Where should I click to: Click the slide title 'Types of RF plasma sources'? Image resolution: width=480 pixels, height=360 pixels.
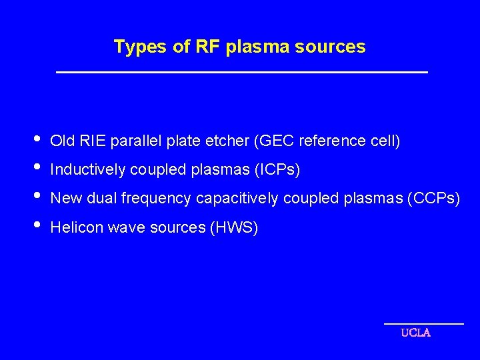(x=239, y=47)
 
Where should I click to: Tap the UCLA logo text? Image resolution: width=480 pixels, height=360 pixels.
(x=415, y=333)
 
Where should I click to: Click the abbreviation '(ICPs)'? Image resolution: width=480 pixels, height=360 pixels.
(x=277, y=171)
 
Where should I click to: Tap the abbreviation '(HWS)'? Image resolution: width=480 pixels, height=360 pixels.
(x=234, y=228)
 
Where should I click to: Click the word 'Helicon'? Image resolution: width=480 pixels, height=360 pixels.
(x=73, y=228)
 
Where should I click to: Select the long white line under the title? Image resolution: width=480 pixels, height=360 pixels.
(x=241, y=72)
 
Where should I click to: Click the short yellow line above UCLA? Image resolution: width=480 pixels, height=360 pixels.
(x=424, y=323)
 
